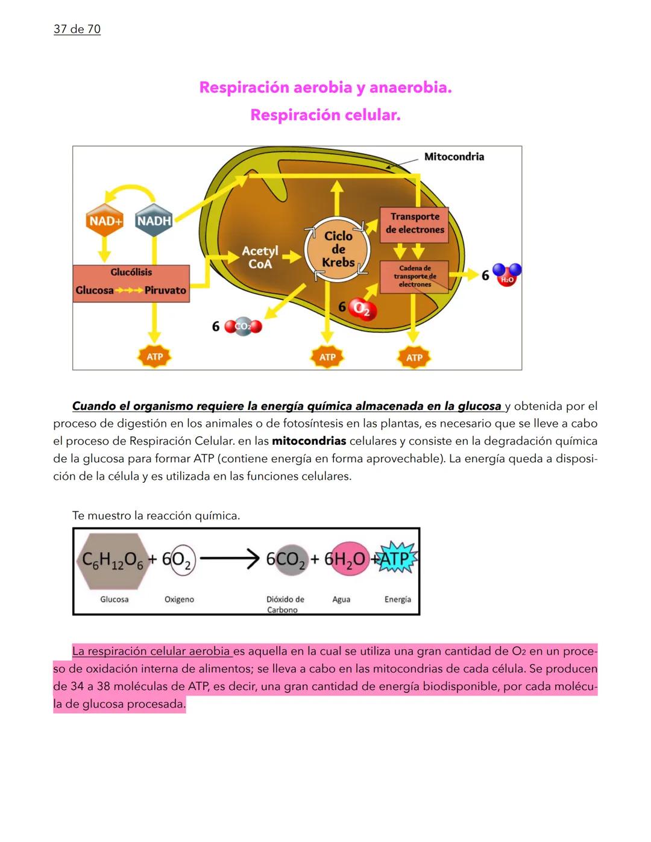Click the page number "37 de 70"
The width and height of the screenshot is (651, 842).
click(x=77, y=29)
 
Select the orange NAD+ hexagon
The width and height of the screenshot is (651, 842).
click(x=105, y=221)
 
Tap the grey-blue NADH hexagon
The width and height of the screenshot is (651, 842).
click(x=154, y=221)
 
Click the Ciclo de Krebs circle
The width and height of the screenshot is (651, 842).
click(x=338, y=249)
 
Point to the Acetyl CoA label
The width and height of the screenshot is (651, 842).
click(x=260, y=257)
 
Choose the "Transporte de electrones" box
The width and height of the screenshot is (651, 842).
click(x=414, y=224)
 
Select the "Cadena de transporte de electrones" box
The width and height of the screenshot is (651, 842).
click(x=414, y=276)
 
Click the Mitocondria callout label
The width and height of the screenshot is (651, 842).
click(x=453, y=157)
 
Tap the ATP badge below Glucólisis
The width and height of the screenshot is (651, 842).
click(x=154, y=357)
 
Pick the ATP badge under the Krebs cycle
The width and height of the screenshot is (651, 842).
click(x=327, y=357)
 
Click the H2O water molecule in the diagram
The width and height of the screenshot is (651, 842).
click(x=506, y=275)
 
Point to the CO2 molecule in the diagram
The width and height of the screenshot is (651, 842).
click(x=243, y=327)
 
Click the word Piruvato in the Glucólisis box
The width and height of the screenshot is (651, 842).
click(x=165, y=291)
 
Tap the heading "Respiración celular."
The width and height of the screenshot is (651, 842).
click(x=325, y=115)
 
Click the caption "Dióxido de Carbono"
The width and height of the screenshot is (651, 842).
click(x=285, y=604)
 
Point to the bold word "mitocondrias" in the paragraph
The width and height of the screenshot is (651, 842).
click(x=309, y=441)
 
